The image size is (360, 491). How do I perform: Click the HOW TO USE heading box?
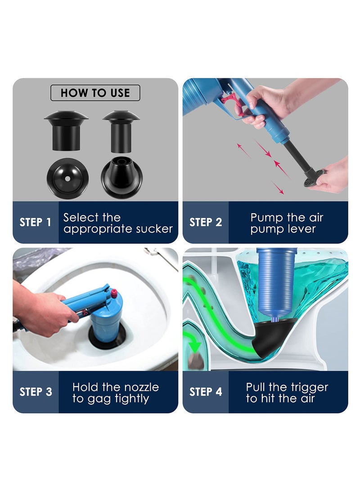(x=95, y=93)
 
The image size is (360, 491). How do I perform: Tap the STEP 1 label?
(x=35, y=222)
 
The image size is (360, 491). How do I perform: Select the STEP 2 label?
(x=206, y=222)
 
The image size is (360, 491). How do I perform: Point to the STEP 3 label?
(x=36, y=392)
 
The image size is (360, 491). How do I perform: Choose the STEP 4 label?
(x=206, y=392)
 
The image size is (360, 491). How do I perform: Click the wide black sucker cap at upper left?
(x=66, y=130)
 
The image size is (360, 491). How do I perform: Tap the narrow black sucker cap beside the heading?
(x=121, y=131)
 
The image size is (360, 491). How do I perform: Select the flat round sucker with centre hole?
(x=67, y=178)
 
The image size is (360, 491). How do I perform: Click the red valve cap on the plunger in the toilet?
(x=114, y=294)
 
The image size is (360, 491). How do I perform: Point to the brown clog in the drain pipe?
(x=195, y=360)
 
